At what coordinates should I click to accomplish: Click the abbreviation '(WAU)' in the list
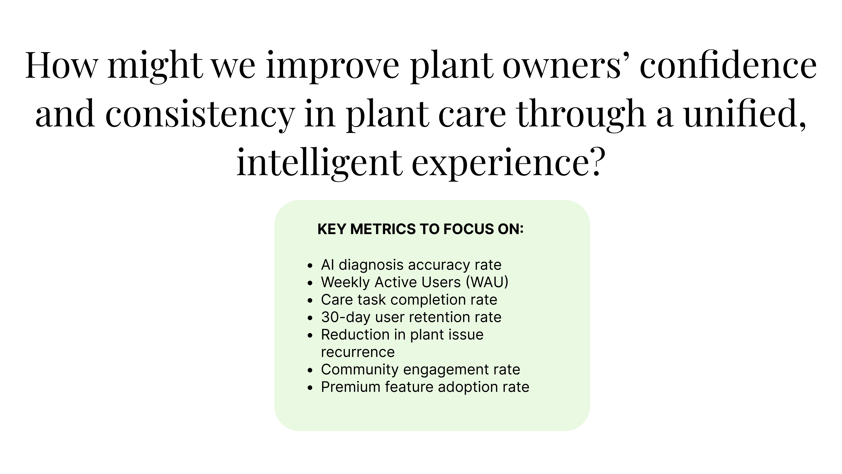point(487,282)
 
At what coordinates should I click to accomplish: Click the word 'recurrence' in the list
point(358,352)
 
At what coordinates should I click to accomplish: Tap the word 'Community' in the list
point(360,370)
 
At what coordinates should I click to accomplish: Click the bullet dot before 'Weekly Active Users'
point(310,283)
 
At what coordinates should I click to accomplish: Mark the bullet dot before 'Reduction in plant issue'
point(310,335)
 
